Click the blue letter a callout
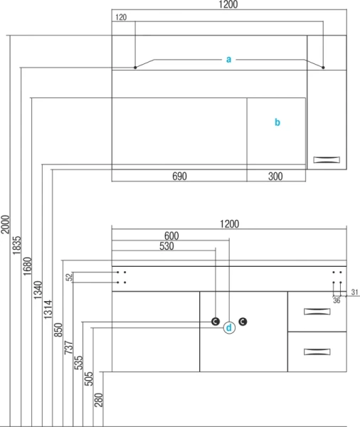[229, 59]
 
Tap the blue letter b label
[277, 122]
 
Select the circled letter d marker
[229, 328]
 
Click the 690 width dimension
[179, 176]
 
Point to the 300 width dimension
[275, 176]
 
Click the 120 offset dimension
[121, 17]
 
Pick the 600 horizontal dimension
[171, 236]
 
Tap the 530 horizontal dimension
[166, 246]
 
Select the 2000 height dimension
[5, 224]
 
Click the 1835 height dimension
[16, 245]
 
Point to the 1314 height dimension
[48, 310]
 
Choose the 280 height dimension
[99, 400]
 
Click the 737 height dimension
[68, 347]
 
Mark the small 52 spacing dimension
[70, 278]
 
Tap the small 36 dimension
[337, 300]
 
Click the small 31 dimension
[354, 292]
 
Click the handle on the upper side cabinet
[327, 159]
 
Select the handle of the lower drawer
[317, 352]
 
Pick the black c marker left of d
[216, 322]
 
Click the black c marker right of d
[243, 322]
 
